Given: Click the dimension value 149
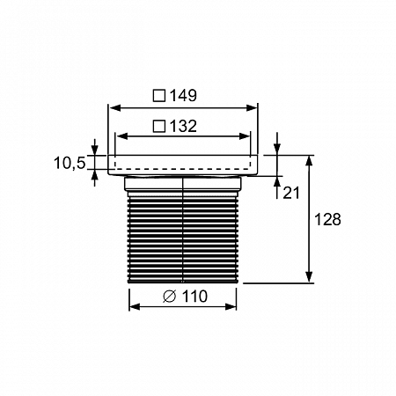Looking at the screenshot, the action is pos(183,96).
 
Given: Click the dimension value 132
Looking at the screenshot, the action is pos(183,126).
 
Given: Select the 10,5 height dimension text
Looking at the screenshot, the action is pos(70,163).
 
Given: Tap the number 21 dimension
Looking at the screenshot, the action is pos(291,193).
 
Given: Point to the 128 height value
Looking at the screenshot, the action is pos(327,219).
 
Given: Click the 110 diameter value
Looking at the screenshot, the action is pos(194,297).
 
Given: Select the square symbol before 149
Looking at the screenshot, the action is pos(159,96).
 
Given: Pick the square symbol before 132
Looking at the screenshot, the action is pos(159,126).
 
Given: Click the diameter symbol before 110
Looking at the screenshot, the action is pos(169,297).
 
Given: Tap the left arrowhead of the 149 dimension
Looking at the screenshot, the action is pos(114,108).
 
